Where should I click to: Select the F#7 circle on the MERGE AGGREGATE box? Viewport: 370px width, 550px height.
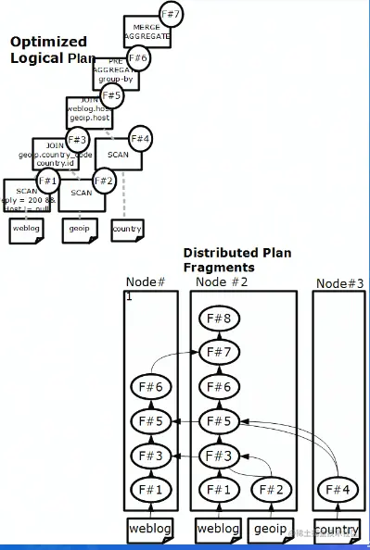[x=171, y=16]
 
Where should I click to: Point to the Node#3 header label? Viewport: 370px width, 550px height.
[x=339, y=283]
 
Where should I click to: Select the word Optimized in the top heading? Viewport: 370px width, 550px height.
[x=48, y=42]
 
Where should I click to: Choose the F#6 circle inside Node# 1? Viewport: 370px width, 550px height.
[x=151, y=388]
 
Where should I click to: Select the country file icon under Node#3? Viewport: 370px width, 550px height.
[x=336, y=530]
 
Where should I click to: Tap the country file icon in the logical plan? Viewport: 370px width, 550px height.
[x=127, y=229]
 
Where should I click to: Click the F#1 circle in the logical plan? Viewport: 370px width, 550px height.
[x=48, y=181]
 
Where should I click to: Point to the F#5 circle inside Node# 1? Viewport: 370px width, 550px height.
[x=151, y=421]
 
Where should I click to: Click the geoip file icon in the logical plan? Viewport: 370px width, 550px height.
[x=77, y=229]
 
